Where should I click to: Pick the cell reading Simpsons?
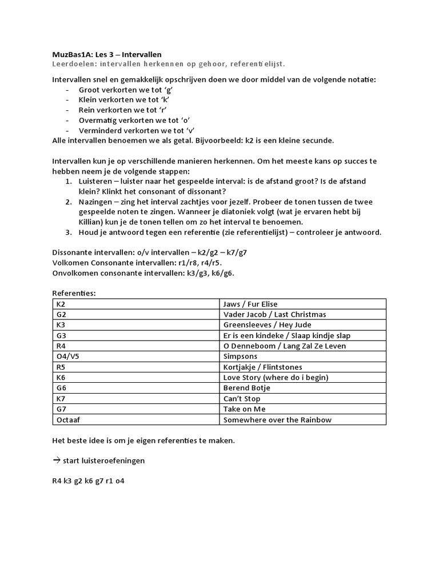tap(239, 356)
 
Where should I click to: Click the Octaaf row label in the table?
tap(69, 420)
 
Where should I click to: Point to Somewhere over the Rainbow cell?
tap(277, 420)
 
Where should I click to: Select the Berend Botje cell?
tap(247, 388)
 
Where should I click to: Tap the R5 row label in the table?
tap(61, 367)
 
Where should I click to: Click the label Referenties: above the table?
tap(74, 293)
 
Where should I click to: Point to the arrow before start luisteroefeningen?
tap(56, 460)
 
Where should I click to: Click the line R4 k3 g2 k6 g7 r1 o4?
tap(88, 481)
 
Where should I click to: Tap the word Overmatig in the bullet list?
tap(97, 121)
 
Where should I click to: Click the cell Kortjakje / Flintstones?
tap(262, 367)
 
